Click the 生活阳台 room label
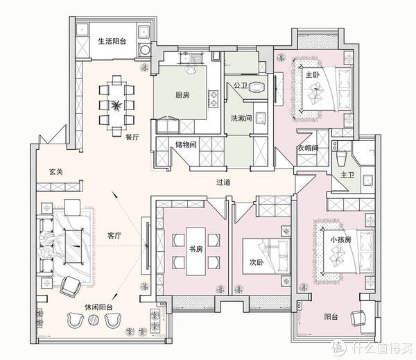112,41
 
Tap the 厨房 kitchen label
183,96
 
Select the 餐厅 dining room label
132,137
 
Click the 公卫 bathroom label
241,86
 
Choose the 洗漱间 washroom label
241,117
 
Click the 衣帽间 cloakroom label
308,148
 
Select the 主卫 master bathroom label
347,175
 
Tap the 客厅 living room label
114,236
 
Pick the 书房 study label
195,249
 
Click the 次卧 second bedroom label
257,263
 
